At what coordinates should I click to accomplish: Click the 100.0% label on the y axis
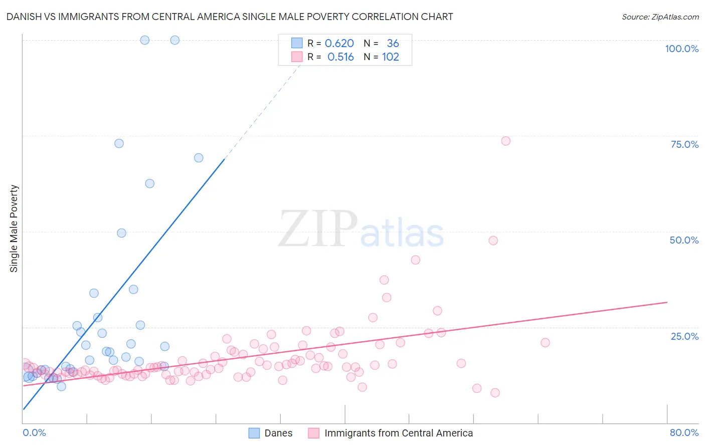point(681,49)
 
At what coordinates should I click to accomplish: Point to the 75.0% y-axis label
point(684,144)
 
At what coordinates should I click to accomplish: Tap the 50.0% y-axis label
point(684,240)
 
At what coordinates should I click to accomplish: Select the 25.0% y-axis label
point(684,336)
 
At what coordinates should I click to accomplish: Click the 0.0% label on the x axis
point(34,432)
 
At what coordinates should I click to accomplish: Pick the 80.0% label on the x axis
point(684,432)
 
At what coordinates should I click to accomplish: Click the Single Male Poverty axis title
point(14,229)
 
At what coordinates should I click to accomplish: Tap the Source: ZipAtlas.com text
point(660,17)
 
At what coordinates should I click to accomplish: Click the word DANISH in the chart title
point(25,17)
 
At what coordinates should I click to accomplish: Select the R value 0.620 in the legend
point(339,44)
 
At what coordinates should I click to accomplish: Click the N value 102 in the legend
point(390,57)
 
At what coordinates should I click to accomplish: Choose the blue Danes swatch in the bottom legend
point(254,433)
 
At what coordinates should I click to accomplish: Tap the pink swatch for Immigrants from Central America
point(314,433)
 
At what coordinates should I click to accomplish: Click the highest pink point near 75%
point(505,141)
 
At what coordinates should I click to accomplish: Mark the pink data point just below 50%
point(493,241)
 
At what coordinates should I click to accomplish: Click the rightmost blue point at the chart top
point(174,40)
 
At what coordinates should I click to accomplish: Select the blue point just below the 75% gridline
point(119,143)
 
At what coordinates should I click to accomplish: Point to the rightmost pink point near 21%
point(545,343)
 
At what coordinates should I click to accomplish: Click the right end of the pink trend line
point(667,302)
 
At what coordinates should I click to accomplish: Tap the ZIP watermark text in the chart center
point(318,229)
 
